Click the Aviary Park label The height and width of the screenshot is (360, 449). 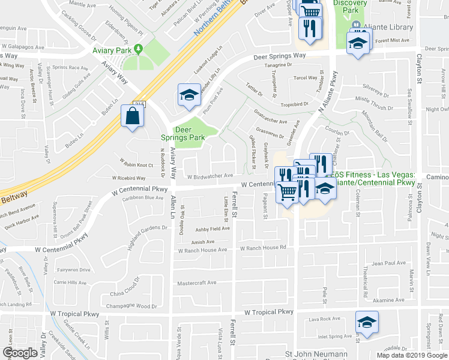(x=112, y=50)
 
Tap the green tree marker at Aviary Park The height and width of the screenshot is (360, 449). (x=139, y=49)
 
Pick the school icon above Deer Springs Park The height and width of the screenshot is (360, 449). (x=188, y=95)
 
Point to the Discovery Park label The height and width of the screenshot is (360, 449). (x=350, y=7)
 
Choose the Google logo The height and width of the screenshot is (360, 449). (x=20, y=353)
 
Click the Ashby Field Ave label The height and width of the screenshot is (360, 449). (x=212, y=229)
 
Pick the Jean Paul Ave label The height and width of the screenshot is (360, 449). (x=389, y=263)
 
